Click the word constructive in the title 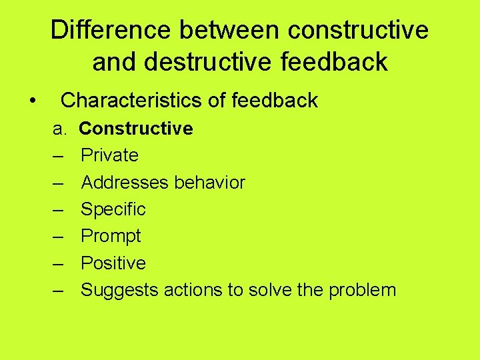(x=359, y=30)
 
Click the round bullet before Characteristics (x=32, y=101)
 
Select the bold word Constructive (x=136, y=128)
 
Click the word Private (x=109, y=155)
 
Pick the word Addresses (x=121, y=182)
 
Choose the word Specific (x=113, y=209)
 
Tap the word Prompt (x=111, y=236)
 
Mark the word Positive (x=113, y=263)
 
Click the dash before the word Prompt (x=58, y=236)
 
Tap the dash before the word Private (x=58, y=155)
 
